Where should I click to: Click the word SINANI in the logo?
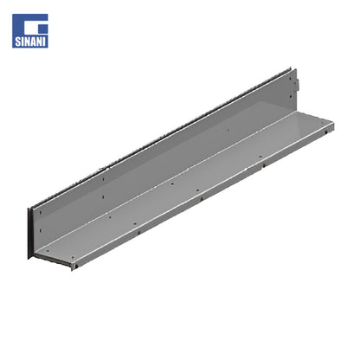pos(30,42)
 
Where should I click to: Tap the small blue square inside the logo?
pos(42,29)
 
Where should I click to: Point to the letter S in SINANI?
pos(17,42)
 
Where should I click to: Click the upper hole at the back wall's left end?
pos(41,213)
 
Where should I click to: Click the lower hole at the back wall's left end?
pos(41,231)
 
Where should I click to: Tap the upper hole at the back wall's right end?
pos(291,78)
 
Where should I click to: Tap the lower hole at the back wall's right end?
pos(291,96)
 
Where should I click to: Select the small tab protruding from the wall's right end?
pos(297,84)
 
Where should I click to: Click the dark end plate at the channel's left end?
pos(29,233)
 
